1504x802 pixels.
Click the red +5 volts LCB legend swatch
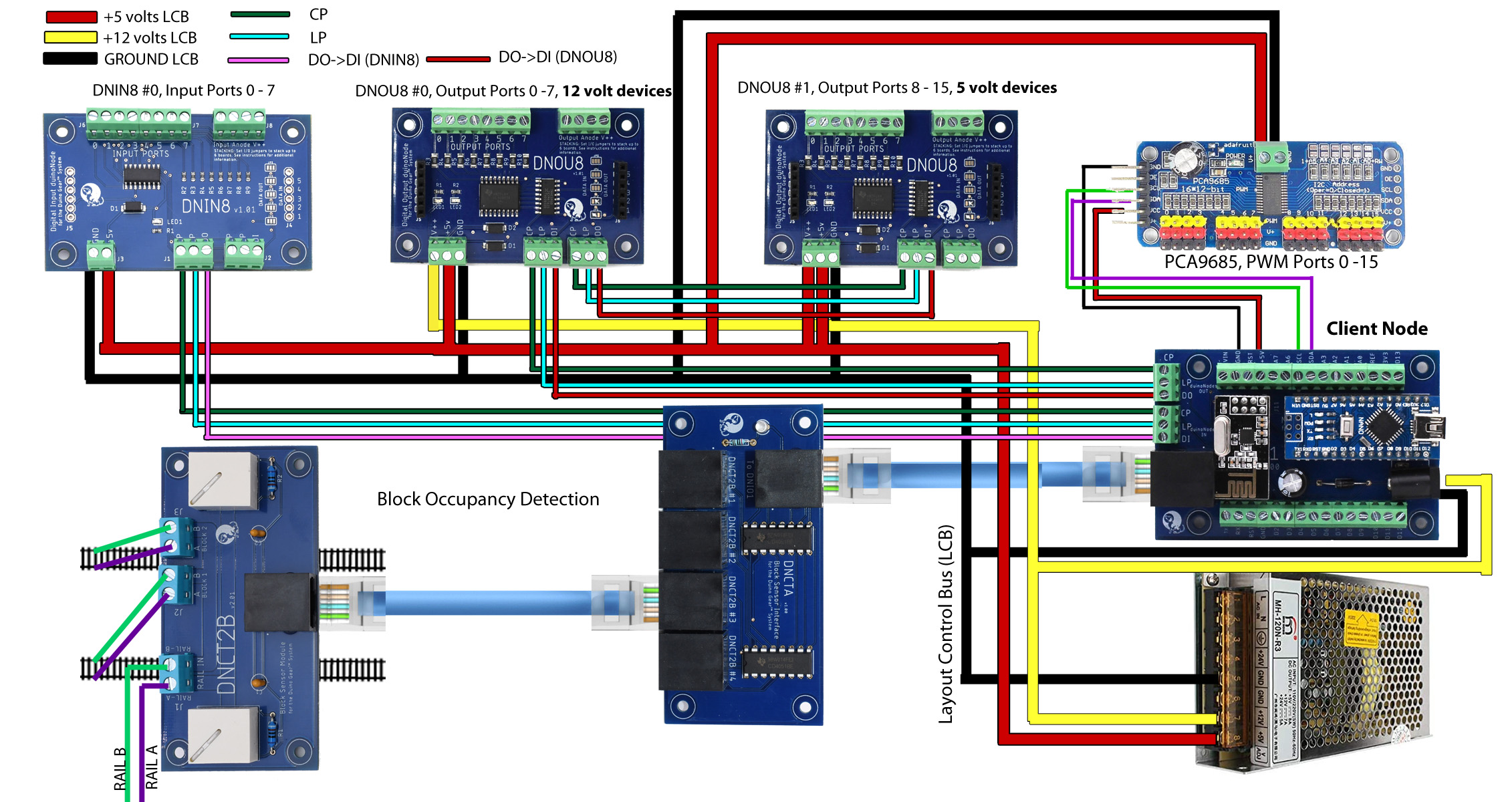pyautogui.click(x=72, y=17)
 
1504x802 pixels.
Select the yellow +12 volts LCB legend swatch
pyautogui.click(x=71, y=37)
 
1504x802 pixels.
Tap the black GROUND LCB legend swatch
pyautogui.click(x=70, y=59)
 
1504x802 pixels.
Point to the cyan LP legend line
pyautogui.click(x=259, y=37)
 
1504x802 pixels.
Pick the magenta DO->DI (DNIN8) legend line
pyautogui.click(x=258, y=60)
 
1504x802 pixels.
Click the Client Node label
pyautogui.click(x=1376, y=329)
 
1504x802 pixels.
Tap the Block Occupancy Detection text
pyautogui.click(x=488, y=499)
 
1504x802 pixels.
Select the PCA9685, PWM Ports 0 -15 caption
pyautogui.click(x=1271, y=262)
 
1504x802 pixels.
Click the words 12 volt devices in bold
pyautogui.click(x=616, y=91)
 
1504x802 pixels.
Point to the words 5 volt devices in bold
pyautogui.click(x=1006, y=88)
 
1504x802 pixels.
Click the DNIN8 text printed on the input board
pyautogui.click(x=206, y=206)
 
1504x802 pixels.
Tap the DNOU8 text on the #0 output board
pyautogui.click(x=557, y=163)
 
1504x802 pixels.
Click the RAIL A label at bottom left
pyautogui.click(x=152, y=767)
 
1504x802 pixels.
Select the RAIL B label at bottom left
pyautogui.click(x=120, y=769)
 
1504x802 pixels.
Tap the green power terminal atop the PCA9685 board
pyautogui.click(x=1271, y=158)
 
